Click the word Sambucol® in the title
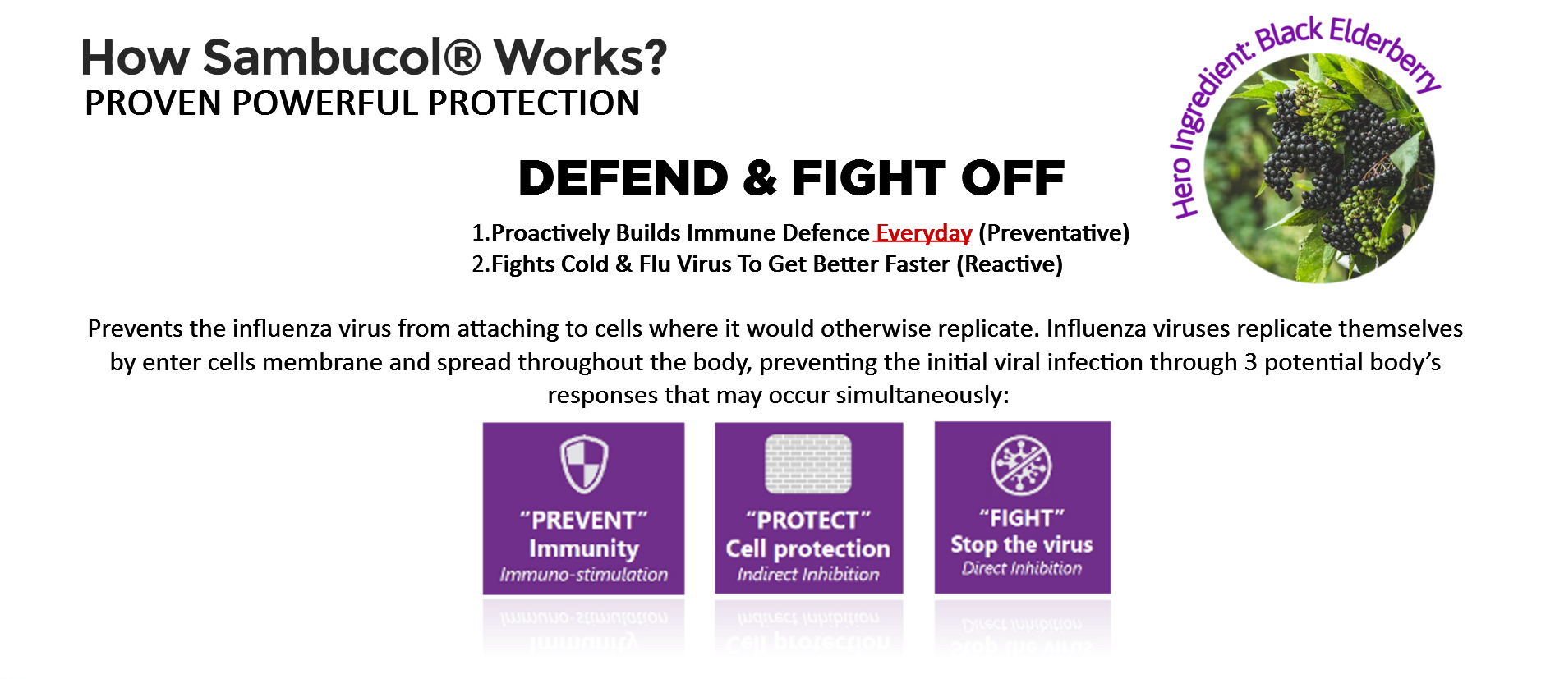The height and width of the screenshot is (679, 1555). point(342,57)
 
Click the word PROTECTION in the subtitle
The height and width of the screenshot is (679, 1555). point(534,103)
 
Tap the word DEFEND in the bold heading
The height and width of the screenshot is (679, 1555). point(623,178)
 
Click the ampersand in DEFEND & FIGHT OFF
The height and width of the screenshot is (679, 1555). point(760,178)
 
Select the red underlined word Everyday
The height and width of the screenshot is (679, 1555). point(923,233)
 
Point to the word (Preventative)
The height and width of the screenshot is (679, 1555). point(1054,233)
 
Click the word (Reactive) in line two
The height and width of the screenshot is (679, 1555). point(1010,264)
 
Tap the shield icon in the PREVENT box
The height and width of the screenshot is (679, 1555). point(584,464)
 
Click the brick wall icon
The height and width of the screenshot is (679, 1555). point(808,464)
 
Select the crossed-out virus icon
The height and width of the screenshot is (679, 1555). point(1022,465)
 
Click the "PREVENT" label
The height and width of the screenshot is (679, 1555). point(584,520)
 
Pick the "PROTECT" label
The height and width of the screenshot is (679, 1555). point(808,520)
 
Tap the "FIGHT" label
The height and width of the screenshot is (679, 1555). point(1022,518)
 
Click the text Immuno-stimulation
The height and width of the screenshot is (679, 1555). point(584,575)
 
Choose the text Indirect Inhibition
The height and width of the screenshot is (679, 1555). point(808,575)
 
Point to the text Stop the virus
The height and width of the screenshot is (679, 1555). point(1022,544)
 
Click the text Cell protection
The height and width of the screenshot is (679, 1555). point(808,548)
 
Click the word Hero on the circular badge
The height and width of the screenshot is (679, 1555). point(1184,187)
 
